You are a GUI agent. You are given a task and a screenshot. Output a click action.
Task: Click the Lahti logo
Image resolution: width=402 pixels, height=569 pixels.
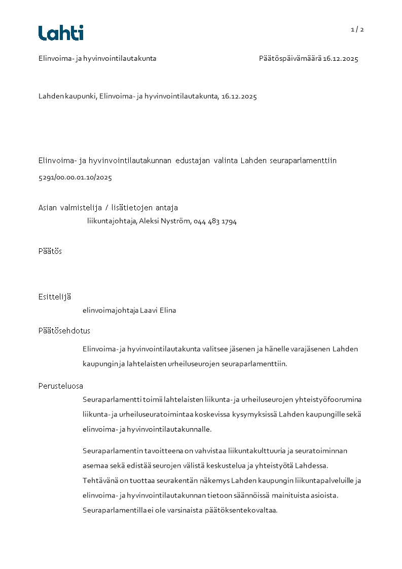tap(61, 33)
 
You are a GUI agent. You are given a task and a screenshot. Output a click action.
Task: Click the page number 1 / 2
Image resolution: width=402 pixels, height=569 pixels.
tap(357, 29)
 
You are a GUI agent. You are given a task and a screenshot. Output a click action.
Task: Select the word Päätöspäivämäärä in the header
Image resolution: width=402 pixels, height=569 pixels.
tap(290, 59)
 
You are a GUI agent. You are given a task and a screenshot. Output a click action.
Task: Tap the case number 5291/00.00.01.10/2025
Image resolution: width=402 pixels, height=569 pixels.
tap(75, 178)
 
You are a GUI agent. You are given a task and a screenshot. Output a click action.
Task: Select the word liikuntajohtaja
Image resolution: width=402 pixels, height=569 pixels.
tap(112, 221)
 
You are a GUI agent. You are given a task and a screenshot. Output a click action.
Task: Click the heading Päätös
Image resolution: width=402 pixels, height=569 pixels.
tap(50, 251)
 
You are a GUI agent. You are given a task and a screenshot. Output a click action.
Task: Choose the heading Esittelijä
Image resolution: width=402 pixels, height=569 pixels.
tap(54, 297)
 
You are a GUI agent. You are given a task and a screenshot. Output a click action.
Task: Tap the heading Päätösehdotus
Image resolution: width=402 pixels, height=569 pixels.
tap(64, 331)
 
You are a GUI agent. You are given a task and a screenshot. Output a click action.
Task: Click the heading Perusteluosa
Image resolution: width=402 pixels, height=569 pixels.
tap(60, 386)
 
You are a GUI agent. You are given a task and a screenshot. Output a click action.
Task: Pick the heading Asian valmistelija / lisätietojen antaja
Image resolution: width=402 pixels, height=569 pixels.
tap(108, 208)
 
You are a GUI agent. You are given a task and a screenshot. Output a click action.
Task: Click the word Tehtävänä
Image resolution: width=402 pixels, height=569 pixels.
tap(99, 480)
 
